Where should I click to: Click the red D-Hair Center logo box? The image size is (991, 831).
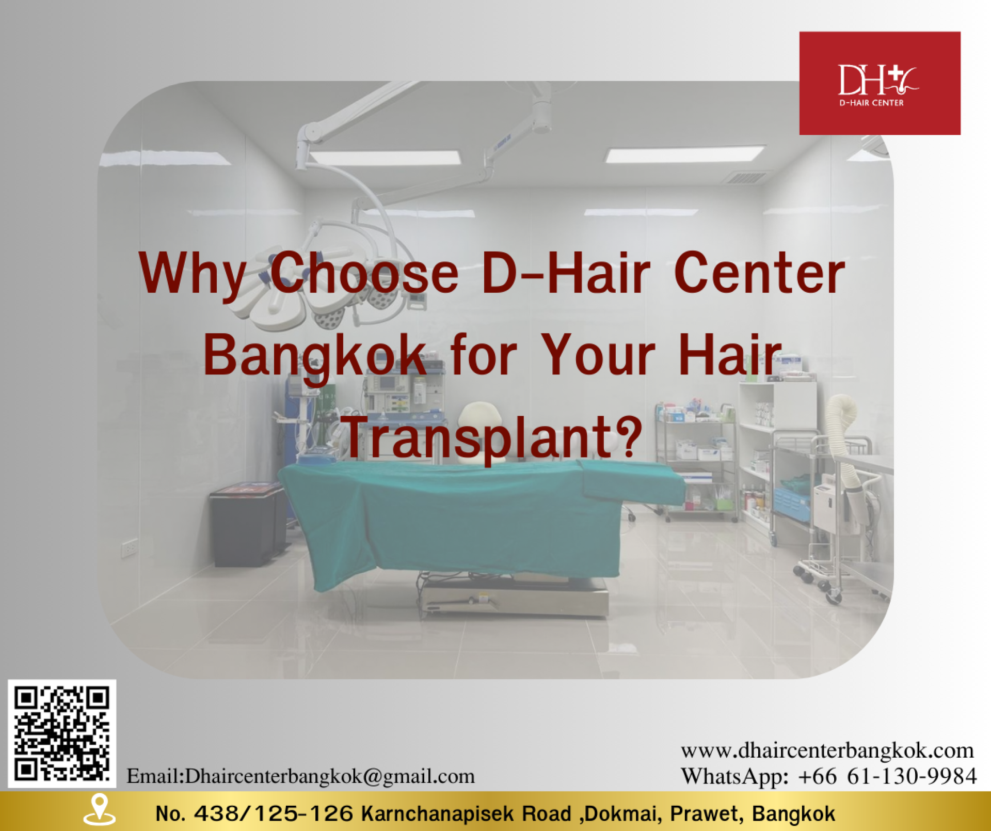[x=880, y=83]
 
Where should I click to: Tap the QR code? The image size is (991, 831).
[x=62, y=733]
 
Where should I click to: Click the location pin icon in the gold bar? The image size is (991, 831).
[x=99, y=810]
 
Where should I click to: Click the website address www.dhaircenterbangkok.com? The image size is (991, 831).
[x=827, y=750]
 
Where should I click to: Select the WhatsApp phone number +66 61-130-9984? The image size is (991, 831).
[x=887, y=776]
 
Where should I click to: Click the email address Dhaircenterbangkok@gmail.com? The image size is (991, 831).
[x=330, y=776]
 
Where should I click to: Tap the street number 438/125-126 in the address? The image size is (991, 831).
[x=273, y=813]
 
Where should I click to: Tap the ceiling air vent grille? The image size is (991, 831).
[x=743, y=178]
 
